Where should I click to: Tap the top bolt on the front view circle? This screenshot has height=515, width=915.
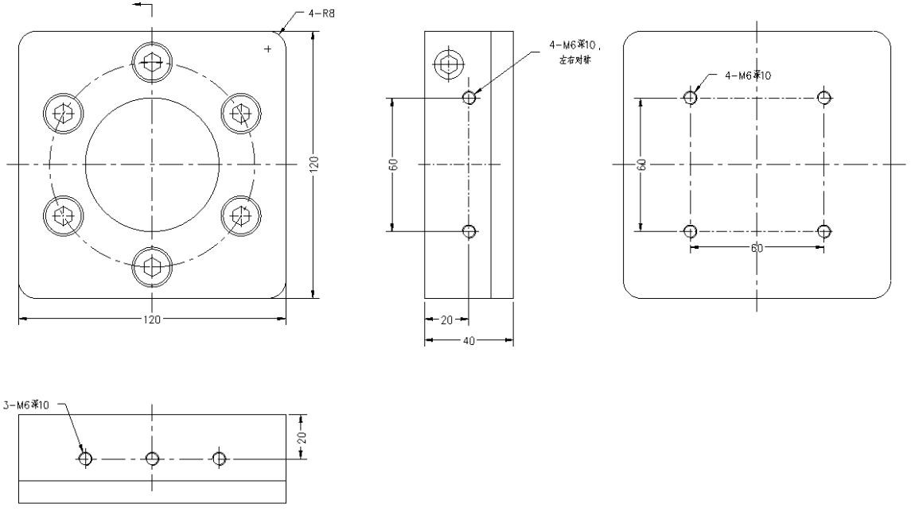point(152,62)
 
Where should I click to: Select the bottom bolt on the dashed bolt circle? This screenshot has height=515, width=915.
point(152,266)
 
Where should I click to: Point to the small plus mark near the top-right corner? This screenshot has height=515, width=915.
point(267,49)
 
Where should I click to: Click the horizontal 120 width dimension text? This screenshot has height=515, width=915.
point(152,319)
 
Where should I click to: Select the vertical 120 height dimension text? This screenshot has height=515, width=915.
point(313,165)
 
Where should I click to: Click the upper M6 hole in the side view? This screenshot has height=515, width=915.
point(469,98)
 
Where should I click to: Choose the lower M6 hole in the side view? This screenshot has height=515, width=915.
point(469,231)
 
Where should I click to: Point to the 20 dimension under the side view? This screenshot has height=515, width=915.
point(446,319)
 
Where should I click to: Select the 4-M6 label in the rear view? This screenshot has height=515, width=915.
point(748,76)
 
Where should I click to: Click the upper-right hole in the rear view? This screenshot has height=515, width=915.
point(824,98)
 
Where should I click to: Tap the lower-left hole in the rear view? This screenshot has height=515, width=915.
point(691,231)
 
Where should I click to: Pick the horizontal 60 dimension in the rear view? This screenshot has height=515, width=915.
point(757,248)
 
